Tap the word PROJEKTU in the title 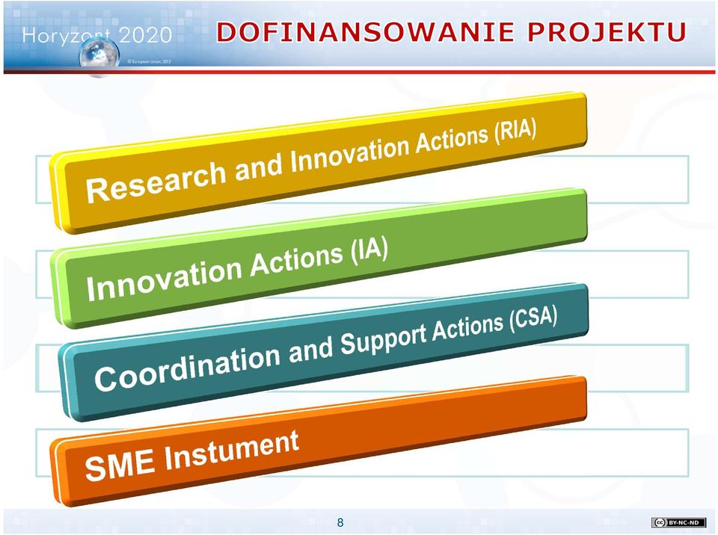coord(607,32)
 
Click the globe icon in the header coord(99,57)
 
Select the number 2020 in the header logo coord(144,35)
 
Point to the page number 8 coord(340,522)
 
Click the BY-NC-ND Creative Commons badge coord(678,522)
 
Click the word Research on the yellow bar coord(156,180)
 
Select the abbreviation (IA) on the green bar coord(369,251)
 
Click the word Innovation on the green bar coord(164,279)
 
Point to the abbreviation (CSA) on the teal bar coord(533,318)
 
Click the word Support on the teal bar coord(383,339)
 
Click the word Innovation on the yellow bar coord(349,155)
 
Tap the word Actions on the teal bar coord(467,327)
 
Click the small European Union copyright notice coord(148,61)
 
